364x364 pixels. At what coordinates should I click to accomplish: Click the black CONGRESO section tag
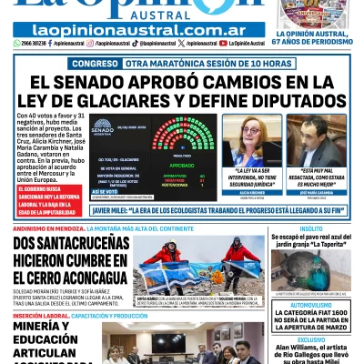(95, 64)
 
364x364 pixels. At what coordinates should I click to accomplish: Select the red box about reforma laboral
(40, 181)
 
